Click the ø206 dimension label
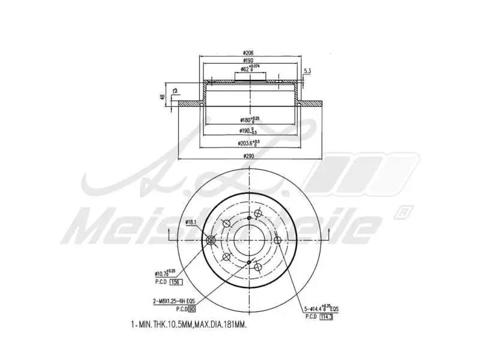coord(248,53)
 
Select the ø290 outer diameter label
coord(248,156)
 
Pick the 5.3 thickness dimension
coord(308,71)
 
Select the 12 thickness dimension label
coord(175,91)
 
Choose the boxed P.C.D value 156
coord(176,282)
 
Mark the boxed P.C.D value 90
coord(192,309)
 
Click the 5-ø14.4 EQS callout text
coord(322,309)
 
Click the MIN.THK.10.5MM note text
coord(189,325)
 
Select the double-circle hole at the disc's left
coord(211,241)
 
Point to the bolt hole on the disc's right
coord(277,241)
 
